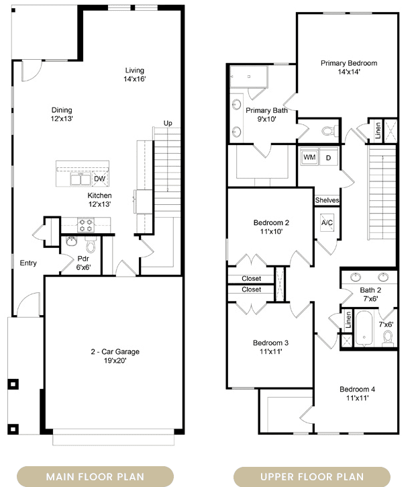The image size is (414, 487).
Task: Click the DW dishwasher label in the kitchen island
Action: (x=99, y=179)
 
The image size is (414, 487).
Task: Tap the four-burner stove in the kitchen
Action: (x=86, y=225)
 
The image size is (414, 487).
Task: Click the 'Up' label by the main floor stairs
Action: (x=168, y=124)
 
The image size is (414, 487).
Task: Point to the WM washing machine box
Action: (x=309, y=157)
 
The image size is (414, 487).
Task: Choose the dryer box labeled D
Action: (x=328, y=157)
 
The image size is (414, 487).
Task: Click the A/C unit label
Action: (x=327, y=223)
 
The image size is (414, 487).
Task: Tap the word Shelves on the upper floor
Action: (x=327, y=200)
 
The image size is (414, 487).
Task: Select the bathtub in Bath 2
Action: (x=364, y=328)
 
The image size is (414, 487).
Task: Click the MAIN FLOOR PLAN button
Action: (x=95, y=476)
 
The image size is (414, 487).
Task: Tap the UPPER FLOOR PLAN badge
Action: (x=312, y=476)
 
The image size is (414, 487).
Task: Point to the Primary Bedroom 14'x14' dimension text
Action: (x=349, y=72)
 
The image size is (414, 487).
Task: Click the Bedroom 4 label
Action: (x=357, y=389)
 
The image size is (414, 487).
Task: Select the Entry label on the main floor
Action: (x=28, y=263)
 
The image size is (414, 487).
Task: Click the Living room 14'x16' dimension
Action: (x=135, y=79)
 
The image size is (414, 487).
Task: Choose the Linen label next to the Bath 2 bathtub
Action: (x=348, y=320)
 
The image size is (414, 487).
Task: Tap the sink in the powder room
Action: (x=71, y=241)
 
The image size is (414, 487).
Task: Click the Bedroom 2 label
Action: (x=271, y=223)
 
